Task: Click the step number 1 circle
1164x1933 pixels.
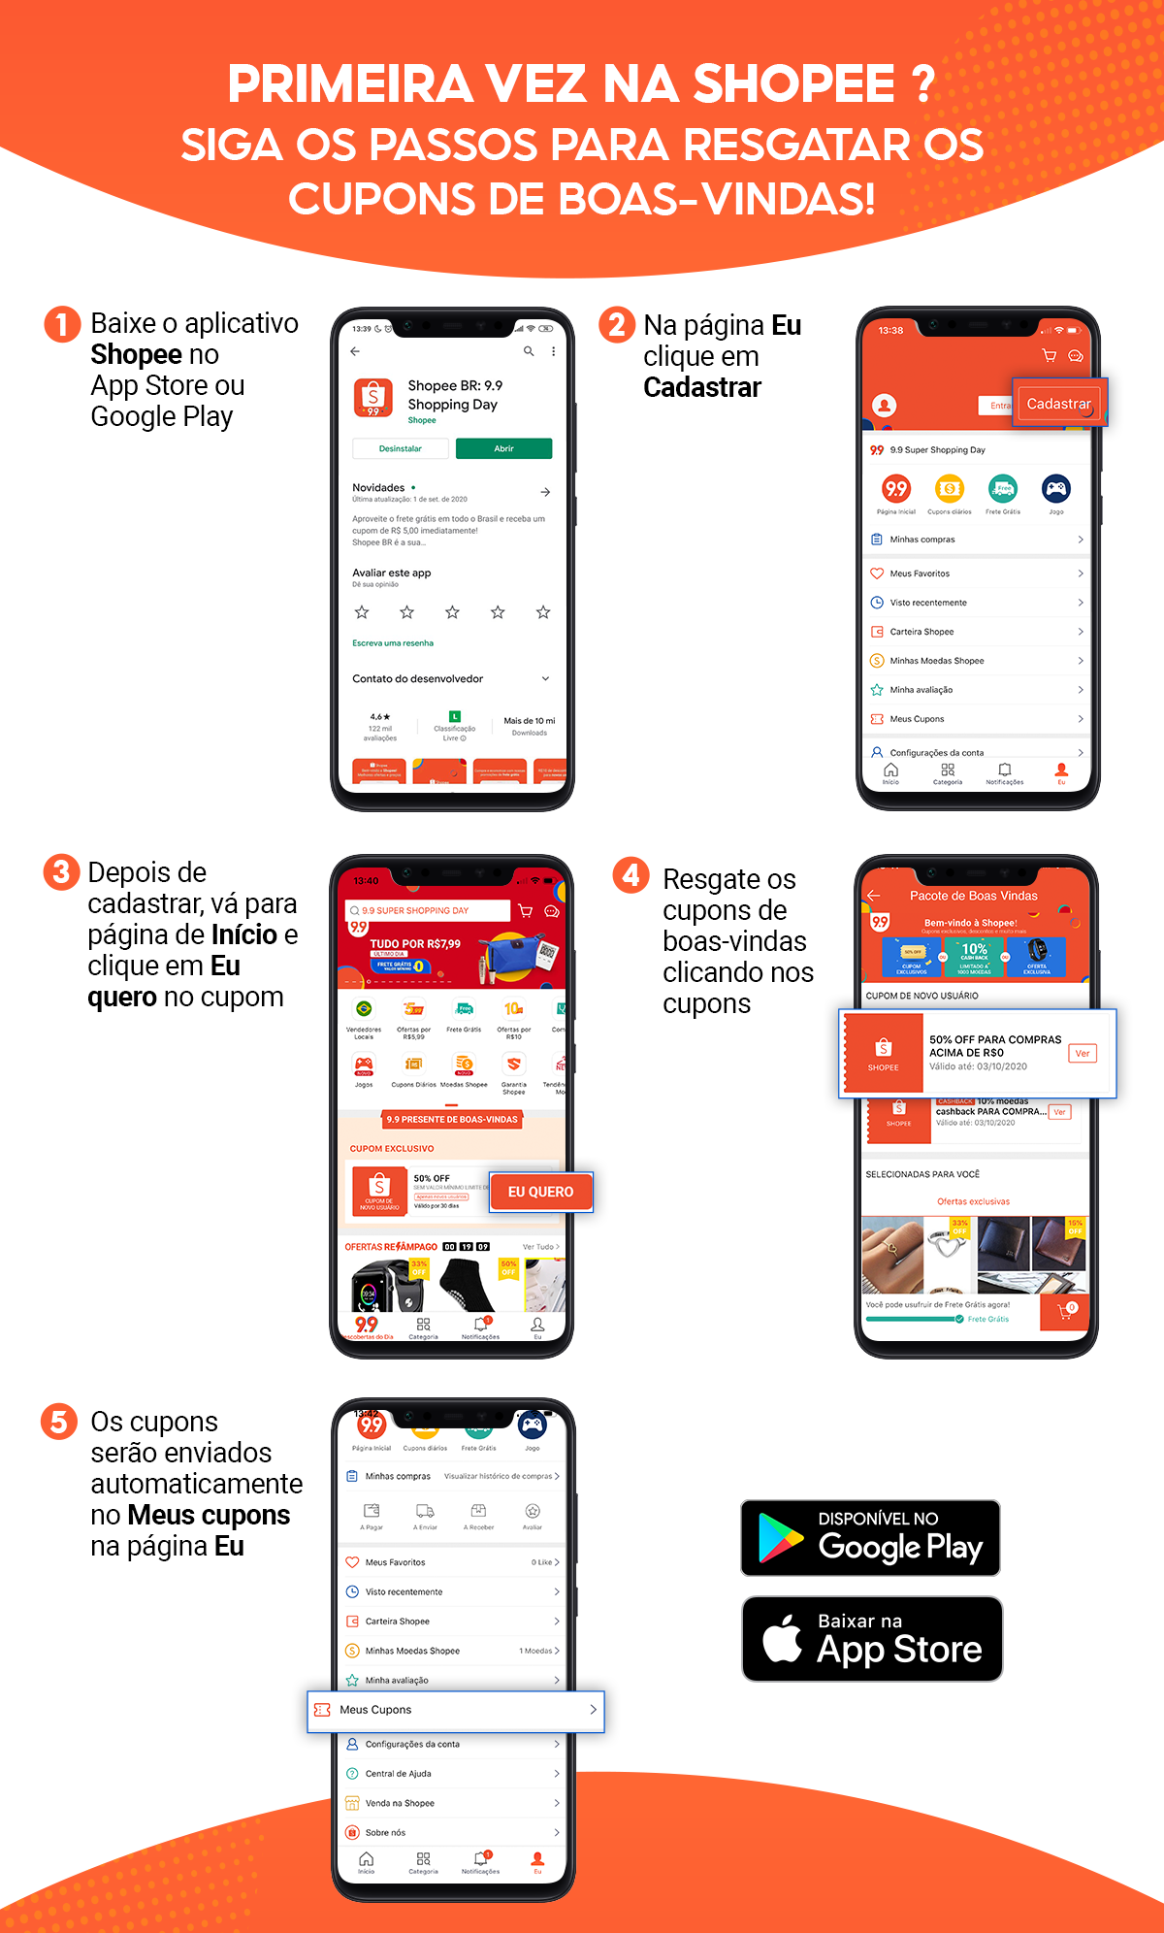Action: coord(62,324)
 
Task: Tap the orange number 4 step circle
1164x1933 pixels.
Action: coord(630,875)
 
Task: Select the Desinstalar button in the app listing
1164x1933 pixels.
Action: coord(401,448)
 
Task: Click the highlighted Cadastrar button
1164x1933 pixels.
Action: coord(1058,404)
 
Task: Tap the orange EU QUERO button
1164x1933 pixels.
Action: coord(540,1192)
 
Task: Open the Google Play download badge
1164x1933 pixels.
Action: coord(870,1538)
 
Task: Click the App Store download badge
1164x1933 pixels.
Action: coord(871,1639)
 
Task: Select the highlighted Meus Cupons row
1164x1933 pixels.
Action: coord(456,1710)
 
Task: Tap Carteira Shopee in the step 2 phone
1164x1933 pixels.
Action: coord(921,632)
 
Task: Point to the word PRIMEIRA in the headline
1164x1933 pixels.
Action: coord(350,84)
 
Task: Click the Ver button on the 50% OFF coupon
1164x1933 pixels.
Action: coord(1082,1053)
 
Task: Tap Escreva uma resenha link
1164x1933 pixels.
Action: coord(393,643)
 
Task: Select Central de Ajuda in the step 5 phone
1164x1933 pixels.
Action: coord(399,1774)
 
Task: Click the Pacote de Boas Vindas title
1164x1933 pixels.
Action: coord(973,896)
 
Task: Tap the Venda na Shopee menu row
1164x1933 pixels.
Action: coord(400,1803)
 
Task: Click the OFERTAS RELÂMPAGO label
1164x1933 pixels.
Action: coord(391,1247)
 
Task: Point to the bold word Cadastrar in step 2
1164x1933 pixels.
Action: coord(702,388)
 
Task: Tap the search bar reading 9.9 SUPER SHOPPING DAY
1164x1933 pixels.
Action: coord(427,910)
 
